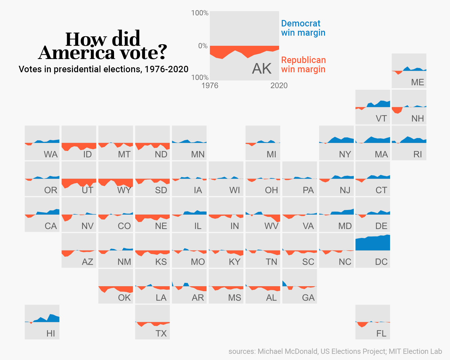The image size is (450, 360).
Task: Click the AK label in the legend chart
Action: pos(262,69)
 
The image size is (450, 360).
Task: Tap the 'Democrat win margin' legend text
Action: pos(303,28)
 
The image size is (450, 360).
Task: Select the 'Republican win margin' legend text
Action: pos(303,65)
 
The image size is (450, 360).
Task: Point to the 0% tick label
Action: pos(203,46)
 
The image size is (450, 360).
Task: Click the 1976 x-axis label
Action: pos(210,85)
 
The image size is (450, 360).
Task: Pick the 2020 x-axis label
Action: pos(279,85)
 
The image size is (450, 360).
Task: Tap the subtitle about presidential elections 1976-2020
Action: pos(103,69)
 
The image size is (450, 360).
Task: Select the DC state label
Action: pos(381,262)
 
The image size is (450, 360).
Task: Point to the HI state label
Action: pos(51,334)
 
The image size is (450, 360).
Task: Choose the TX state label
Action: pos(161,334)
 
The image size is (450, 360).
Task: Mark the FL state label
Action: pos(381,334)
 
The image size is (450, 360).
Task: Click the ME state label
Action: pos(417,82)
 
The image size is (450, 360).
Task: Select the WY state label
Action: pos(124,190)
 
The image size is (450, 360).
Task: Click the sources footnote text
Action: pos(335,351)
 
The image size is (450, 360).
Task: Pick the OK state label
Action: pos(124,298)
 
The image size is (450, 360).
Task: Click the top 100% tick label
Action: pos(200,13)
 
